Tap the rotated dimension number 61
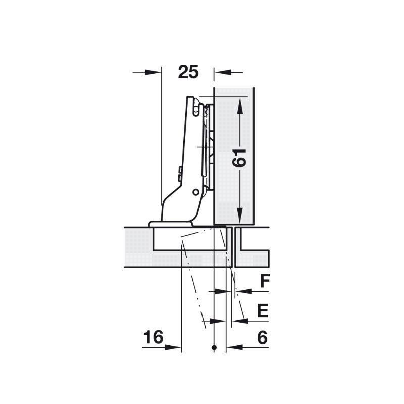[x=239, y=158]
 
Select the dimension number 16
[x=154, y=337]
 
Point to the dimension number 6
[x=262, y=337]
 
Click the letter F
[x=265, y=281]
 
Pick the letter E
[x=263, y=310]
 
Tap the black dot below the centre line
[x=214, y=347]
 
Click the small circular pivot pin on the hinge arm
[x=196, y=192]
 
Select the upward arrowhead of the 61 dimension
[x=240, y=106]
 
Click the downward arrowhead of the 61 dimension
[x=240, y=215]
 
